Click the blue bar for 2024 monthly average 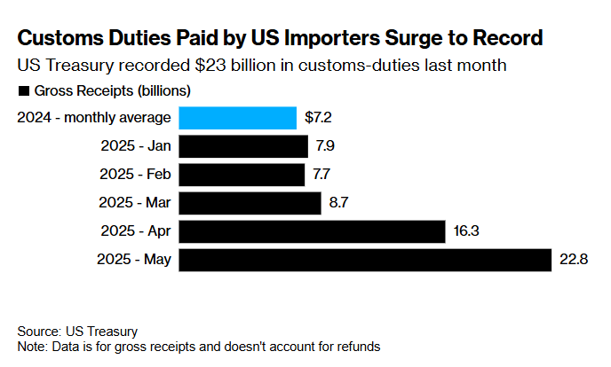(x=237, y=118)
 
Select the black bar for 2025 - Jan (x=243, y=146)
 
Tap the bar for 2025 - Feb (x=242, y=175)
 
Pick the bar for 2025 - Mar (x=250, y=203)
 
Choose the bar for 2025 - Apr (x=312, y=231)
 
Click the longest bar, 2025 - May (x=365, y=261)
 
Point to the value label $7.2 (x=320, y=118)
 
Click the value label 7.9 (x=324, y=146)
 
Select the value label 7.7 (x=321, y=175)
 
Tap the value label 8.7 (x=337, y=203)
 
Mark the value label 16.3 (x=465, y=231)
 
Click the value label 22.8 (x=574, y=261)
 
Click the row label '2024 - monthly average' (x=93, y=118)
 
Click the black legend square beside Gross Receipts (x=23, y=91)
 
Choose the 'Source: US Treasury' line (x=77, y=332)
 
